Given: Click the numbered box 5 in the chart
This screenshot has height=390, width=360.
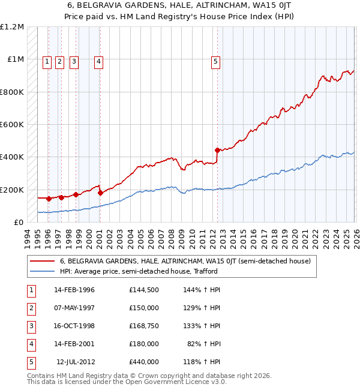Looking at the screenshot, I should click(x=215, y=60).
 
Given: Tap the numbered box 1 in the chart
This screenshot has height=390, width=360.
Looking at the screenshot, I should click(x=47, y=60).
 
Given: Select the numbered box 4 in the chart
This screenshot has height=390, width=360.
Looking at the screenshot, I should click(x=98, y=60).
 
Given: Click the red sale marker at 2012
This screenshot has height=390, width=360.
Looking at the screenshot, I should click(x=217, y=150).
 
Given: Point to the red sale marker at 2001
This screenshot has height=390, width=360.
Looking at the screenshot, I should click(x=100, y=193).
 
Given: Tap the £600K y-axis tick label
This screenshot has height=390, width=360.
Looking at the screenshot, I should click(x=12, y=125).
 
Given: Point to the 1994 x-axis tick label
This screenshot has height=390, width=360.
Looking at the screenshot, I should click(x=28, y=233).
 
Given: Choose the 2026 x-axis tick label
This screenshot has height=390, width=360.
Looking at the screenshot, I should click(x=355, y=233).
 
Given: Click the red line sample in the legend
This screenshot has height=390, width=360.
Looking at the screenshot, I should click(x=42, y=262).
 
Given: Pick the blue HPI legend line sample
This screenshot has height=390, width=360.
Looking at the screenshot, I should click(x=42, y=271).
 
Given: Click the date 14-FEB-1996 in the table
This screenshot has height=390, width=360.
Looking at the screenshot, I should click(x=74, y=290).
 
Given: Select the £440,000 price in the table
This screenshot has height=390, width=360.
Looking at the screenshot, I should click(x=143, y=362).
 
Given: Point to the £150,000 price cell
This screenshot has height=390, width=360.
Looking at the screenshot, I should click(x=143, y=308).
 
